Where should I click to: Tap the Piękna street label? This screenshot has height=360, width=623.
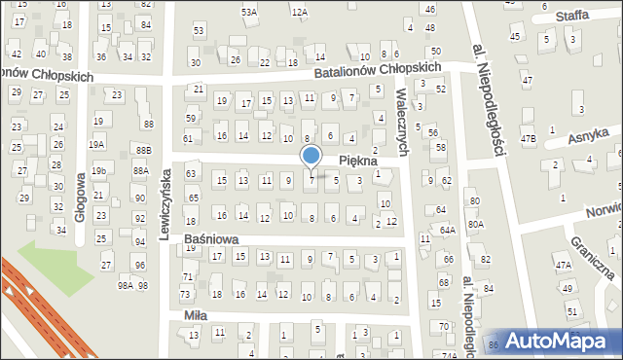[x=357, y=160]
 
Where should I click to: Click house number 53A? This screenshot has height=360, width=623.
[x=249, y=12]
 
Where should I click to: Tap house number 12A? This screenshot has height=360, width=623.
[x=299, y=12]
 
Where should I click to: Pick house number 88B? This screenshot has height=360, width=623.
[x=143, y=150]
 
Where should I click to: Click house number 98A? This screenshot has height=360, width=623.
[x=125, y=285]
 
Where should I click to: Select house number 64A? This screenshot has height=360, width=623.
[x=447, y=230]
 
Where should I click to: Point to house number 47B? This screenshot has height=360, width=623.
[x=528, y=139]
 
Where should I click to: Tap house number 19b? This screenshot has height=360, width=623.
[x=98, y=171]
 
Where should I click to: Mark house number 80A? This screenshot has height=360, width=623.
[x=475, y=224]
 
